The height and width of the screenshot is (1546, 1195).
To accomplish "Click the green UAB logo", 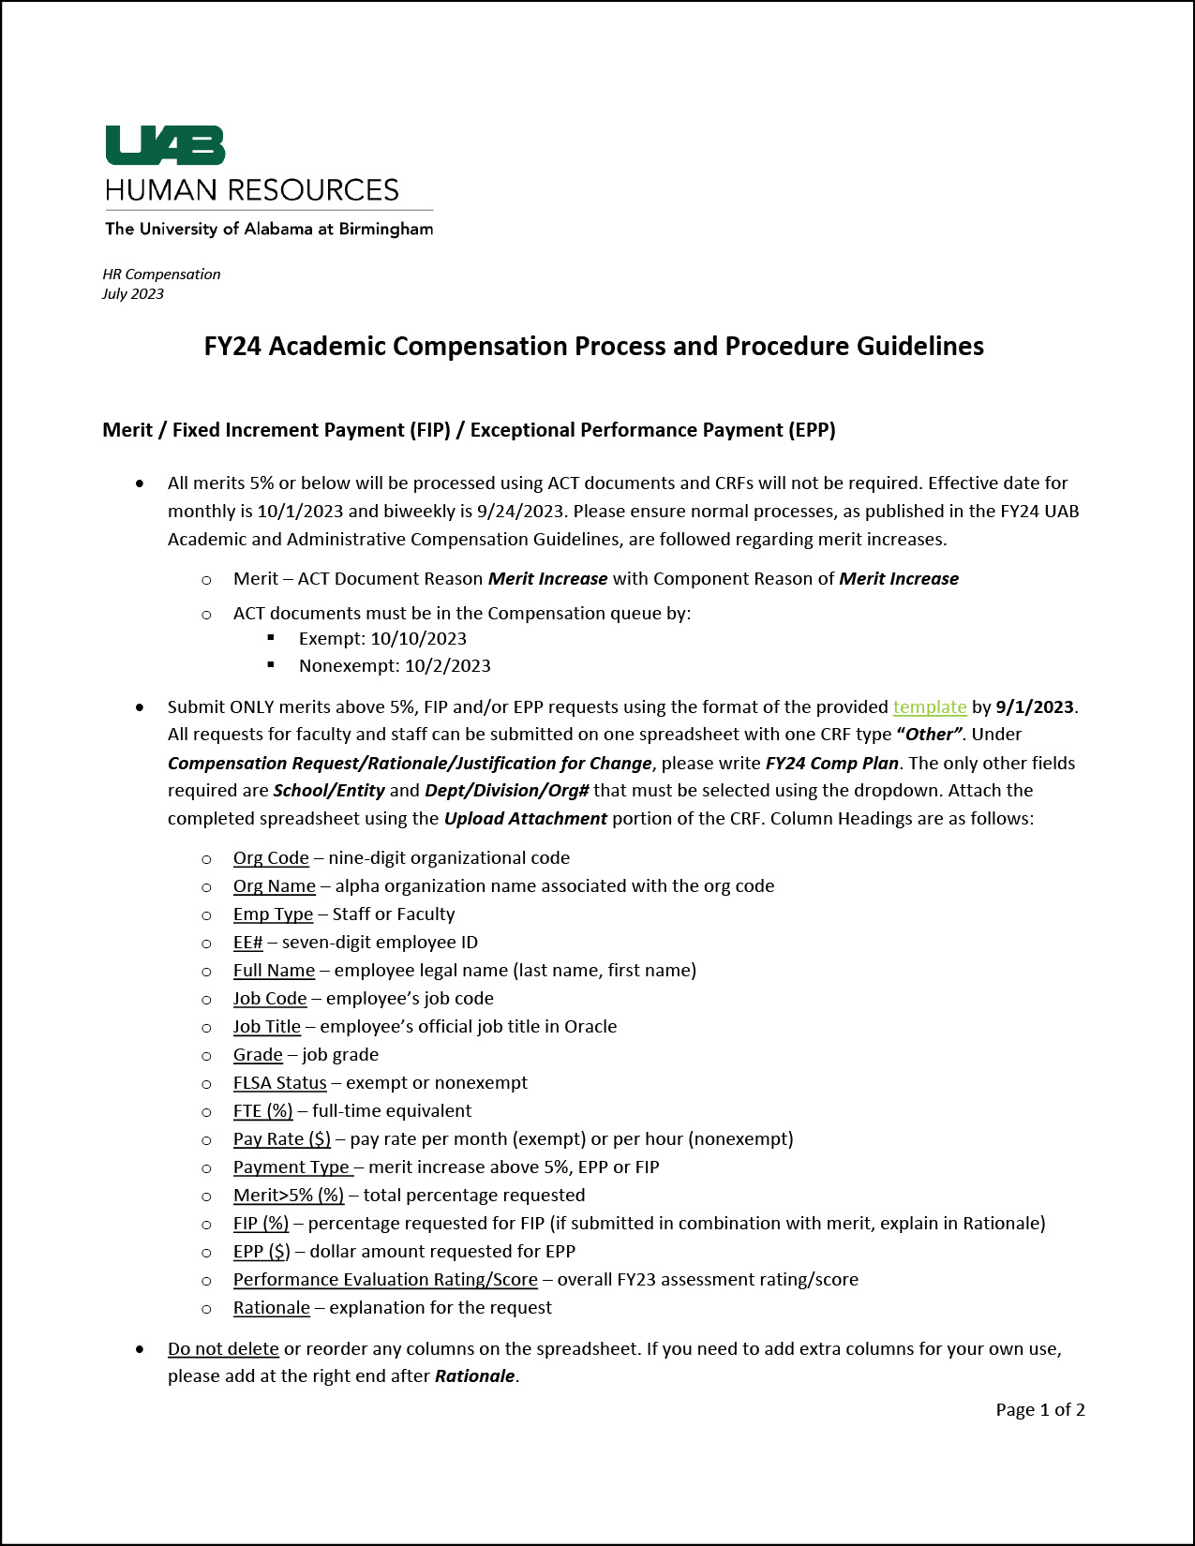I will [165, 145].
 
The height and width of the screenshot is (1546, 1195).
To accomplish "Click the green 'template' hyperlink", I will [929, 706].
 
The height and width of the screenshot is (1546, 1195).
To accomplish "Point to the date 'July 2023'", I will [133, 294].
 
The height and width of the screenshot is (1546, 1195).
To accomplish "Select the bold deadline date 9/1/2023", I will [1035, 706].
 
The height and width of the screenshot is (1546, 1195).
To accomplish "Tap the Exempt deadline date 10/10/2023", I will [418, 639].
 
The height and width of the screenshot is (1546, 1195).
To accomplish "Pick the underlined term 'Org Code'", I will [271, 858].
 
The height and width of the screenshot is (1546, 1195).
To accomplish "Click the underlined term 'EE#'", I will [247, 943].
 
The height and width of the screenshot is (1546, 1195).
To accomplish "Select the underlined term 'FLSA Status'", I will [279, 1083].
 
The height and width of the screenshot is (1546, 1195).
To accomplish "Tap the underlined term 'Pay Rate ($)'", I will [281, 1139].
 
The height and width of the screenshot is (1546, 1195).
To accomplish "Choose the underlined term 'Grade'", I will [258, 1055].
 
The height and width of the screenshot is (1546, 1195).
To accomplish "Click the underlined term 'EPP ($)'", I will [261, 1252].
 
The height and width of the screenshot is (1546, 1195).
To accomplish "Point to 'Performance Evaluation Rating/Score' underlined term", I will [385, 1280].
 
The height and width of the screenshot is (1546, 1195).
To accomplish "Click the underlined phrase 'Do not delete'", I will [223, 1349].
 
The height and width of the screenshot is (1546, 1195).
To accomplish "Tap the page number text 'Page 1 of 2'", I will [1039, 1410].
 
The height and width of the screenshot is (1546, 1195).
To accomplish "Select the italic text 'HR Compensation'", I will [161, 275].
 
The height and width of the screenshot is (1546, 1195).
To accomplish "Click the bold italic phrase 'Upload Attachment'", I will [525, 819].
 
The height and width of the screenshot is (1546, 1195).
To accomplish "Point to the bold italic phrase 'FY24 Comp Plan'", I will [831, 764].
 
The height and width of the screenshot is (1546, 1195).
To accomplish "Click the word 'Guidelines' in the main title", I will [919, 347].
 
